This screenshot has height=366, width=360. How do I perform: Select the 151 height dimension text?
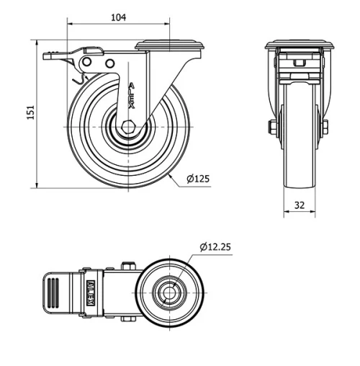pos(31,114)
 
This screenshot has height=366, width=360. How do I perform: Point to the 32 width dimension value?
pos(300,205)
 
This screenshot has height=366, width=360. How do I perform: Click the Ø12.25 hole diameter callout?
pos(215,247)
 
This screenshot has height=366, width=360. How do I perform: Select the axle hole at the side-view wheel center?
pos(128,128)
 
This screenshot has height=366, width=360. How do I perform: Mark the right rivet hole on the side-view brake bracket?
pos(109,63)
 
